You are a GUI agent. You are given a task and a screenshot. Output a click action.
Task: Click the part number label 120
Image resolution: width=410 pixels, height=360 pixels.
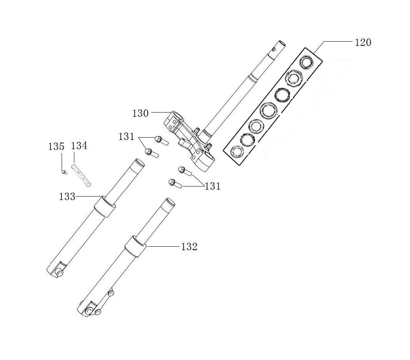[x=363, y=42]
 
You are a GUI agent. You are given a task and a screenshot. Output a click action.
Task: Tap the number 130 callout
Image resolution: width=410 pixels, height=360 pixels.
[x=140, y=113]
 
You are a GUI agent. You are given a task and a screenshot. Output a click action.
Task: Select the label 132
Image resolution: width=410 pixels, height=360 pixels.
[x=189, y=247]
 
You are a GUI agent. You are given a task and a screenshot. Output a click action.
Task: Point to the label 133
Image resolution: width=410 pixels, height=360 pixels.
[x=67, y=197]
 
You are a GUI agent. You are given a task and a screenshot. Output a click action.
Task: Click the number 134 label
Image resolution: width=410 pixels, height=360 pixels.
[x=79, y=146]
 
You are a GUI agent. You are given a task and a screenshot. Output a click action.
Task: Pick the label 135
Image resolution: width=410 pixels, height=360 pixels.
[x=56, y=146]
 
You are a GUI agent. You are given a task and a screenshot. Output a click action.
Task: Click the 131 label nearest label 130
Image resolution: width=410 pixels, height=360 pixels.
[x=126, y=136]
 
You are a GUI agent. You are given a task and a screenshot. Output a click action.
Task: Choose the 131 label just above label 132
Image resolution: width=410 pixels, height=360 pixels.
[x=212, y=187]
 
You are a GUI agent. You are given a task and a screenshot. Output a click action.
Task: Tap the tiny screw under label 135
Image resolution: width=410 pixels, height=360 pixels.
[x=64, y=172]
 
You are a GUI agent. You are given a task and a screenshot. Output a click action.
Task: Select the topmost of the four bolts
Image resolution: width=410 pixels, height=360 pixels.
[x=161, y=140]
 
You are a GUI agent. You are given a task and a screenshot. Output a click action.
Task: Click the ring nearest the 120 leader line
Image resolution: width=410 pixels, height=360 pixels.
[x=307, y=62]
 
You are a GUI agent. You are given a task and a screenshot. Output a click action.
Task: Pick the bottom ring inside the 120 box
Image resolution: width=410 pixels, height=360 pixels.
[x=237, y=151]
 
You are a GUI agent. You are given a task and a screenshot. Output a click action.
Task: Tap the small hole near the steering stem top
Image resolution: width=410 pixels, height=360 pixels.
[x=274, y=49]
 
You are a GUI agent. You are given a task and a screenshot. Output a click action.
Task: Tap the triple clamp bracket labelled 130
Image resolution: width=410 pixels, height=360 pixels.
[x=189, y=139]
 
